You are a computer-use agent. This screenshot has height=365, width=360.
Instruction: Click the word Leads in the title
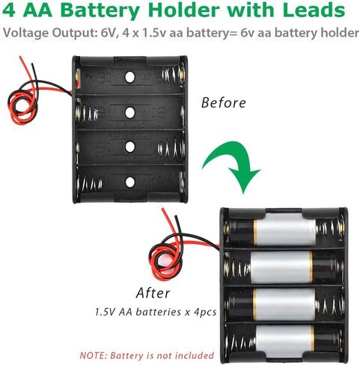(x=314, y=10)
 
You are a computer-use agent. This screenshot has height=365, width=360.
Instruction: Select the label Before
(x=223, y=102)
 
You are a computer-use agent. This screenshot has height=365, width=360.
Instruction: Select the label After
(x=153, y=292)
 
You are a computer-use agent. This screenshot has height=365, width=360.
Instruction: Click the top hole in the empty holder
(x=129, y=77)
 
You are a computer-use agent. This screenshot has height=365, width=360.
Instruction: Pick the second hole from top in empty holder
(x=129, y=113)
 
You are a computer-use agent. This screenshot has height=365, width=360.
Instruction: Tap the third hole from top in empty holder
(x=129, y=147)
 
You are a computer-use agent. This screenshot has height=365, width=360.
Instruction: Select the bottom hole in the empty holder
(x=129, y=182)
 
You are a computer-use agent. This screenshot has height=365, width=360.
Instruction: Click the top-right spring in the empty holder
(x=174, y=74)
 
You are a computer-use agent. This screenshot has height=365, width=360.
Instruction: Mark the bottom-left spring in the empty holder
(x=89, y=183)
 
